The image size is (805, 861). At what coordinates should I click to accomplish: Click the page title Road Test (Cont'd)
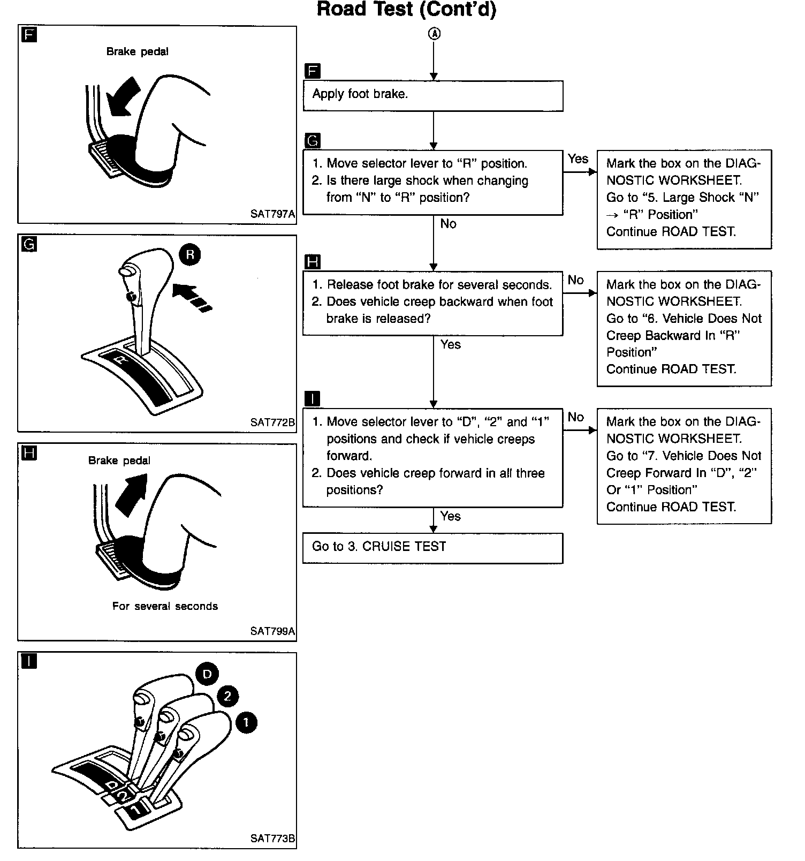(406, 10)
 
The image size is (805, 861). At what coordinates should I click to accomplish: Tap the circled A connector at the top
(434, 34)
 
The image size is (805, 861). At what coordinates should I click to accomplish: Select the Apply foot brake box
(432, 96)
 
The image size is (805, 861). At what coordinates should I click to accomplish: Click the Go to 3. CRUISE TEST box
(432, 548)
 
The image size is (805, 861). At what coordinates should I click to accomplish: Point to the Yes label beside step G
(578, 159)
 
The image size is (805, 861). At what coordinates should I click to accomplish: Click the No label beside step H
(576, 280)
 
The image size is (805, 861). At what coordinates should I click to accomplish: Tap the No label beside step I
(576, 417)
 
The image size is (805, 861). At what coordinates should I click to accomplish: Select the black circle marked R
(190, 254)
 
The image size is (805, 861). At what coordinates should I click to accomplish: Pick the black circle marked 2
(227, 696)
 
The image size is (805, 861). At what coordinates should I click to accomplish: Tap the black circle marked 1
(246, 723)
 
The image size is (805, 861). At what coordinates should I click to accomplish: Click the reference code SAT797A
(272, 214)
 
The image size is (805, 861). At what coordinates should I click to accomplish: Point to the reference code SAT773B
(272, 839)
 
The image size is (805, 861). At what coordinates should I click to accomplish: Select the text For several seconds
(165, 606)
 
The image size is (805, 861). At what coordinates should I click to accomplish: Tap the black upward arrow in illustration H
(131, 493)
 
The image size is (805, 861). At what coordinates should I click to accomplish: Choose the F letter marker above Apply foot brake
(312, 71)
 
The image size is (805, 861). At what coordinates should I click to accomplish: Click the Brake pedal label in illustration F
(138, 52)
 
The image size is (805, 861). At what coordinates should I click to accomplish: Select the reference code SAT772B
(272, 422)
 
